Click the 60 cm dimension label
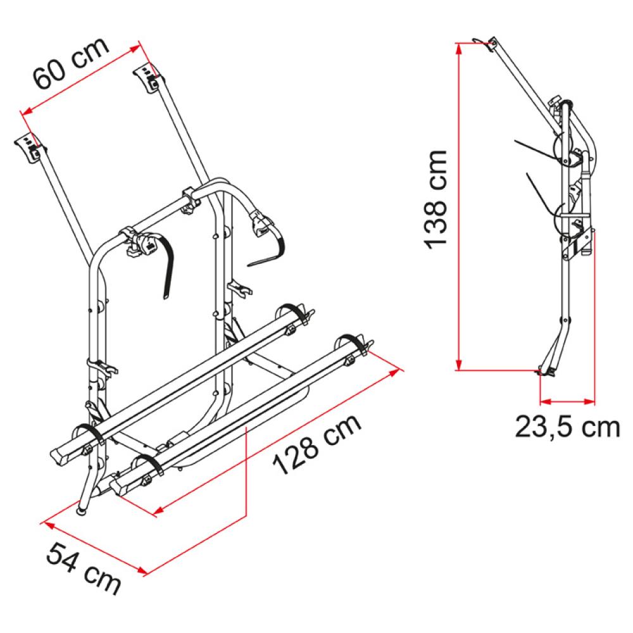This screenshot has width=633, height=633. pyautogui.click(x=72, y=63)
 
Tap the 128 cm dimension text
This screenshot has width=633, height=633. pyautogui.click(x=317, y=444)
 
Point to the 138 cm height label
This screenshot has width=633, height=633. pyautogui.click(x=436, y=199)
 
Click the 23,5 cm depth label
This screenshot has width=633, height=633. pyautogui.click(x=567, y=427)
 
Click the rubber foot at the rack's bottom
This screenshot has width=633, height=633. pyautogui.click(x=82, y=511)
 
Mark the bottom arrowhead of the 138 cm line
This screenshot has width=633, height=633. pyautogui.click(x=458, y=365)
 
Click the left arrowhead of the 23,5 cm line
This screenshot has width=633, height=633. pyautogui.click(x=546, y=402)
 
